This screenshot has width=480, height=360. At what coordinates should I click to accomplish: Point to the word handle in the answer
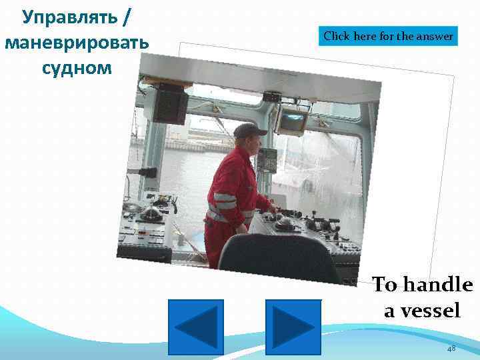point(435,285)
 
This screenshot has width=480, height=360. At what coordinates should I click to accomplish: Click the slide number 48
point(451,349)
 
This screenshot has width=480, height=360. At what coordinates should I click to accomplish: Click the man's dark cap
point(249,129)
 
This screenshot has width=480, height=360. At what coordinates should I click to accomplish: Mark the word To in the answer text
point(383,285)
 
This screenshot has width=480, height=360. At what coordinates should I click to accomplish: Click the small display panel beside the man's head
point(267,159)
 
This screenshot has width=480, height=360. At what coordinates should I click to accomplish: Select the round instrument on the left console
point(152,213)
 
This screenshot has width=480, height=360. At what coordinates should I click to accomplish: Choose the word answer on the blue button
point(435,37)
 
